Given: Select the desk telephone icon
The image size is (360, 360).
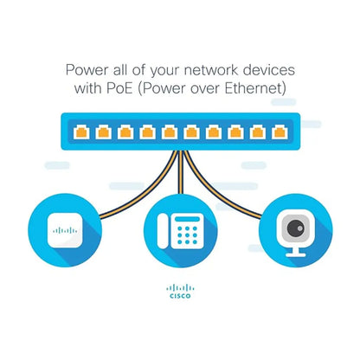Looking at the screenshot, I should coord(180,229).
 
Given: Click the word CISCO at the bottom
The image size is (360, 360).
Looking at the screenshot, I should coord(180,296).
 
